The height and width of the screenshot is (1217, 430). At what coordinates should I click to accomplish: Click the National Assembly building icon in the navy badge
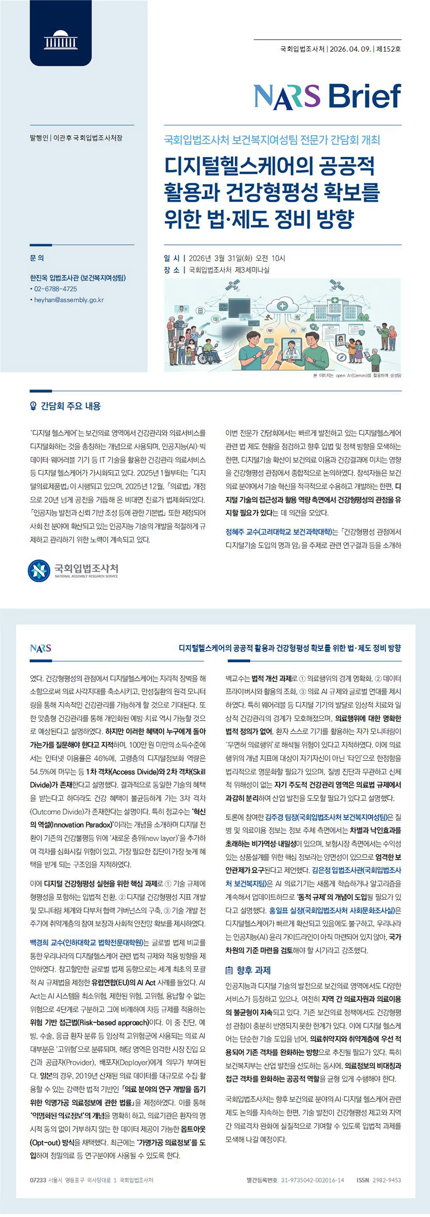[x=60, y=40]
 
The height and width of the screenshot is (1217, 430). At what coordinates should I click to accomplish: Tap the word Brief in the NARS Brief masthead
[x=364, y=97]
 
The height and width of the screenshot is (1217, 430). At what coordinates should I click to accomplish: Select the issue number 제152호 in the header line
[x=389, y=49]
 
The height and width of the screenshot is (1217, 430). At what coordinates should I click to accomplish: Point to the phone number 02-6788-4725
[x=55, y=289]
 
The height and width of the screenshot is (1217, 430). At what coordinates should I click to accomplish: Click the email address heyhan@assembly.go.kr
[x=69, y=300]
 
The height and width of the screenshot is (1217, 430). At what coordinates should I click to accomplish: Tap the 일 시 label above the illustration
[x=172, y=258]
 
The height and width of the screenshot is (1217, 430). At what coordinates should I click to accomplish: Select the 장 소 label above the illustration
[x=172, y=270]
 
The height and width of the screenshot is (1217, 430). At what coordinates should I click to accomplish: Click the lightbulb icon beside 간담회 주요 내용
[x=34, y=406]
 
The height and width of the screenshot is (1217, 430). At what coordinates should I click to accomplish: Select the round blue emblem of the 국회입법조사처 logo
[x=39, y=571]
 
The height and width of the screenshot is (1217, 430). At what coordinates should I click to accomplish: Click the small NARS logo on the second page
[x=41, y=648]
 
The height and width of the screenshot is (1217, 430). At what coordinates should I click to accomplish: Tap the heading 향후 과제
[x=253, y=970]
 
